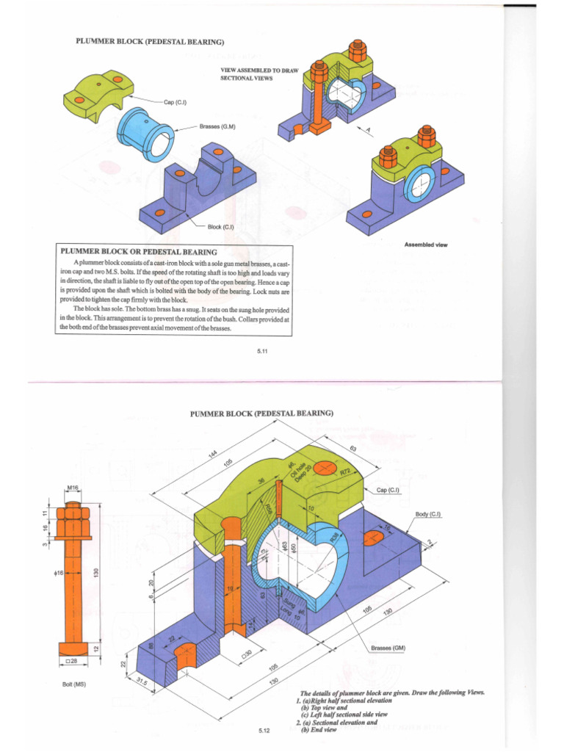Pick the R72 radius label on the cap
coord(347,472)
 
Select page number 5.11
coord(264,352)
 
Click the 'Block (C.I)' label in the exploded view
coord(220,226)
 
